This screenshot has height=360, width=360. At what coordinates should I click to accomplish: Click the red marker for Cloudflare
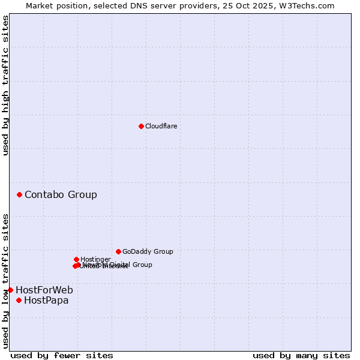pos(141,126)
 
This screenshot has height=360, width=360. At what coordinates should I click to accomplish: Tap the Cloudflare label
pos(161,126)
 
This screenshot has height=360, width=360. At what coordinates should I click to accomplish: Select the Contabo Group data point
pos(20,194)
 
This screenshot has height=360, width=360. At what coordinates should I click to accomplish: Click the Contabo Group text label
pos(61,194)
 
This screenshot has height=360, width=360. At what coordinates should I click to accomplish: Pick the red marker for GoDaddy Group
pos(118,251)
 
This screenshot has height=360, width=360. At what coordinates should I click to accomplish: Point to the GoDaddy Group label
pos(148,251)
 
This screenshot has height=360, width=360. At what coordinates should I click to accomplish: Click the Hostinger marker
pos(76,259)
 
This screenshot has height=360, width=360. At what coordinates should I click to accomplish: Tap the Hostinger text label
pos(95,259)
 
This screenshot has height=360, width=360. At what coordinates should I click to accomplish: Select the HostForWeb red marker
pos(10,290)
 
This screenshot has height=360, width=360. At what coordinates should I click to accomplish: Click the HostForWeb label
pos(44,290)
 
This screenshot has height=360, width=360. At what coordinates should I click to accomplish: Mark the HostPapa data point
pos(19,300)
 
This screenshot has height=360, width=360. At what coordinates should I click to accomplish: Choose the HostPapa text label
pos(46,300)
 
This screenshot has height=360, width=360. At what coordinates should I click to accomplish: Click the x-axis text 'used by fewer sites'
pos(62,355)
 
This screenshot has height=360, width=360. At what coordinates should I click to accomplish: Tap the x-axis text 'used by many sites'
pos(301,355)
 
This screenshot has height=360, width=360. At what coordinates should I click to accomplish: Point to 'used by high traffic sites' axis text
pos(5,85)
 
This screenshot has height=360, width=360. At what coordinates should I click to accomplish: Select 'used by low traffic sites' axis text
pos(5,280)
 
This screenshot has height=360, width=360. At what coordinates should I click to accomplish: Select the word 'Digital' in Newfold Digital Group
pos(121,265)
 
